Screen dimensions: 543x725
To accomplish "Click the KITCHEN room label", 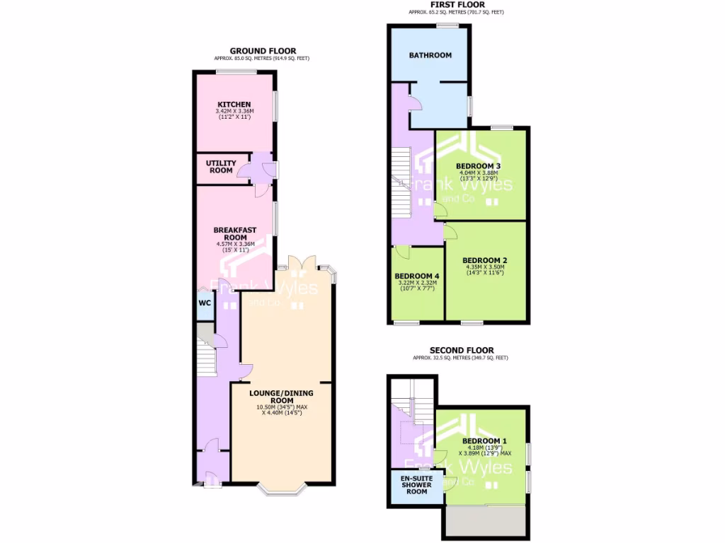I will click(234, 105).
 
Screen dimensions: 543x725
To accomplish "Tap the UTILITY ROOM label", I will click(221, 167).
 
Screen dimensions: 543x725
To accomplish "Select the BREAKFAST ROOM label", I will click(234, 233).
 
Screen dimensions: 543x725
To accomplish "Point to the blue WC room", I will click(205, 303).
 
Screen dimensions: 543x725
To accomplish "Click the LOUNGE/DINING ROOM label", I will click(281, 395).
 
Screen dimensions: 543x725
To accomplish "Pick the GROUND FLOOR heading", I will click(263, 51).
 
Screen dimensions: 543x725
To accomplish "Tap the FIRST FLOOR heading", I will click(457, 5).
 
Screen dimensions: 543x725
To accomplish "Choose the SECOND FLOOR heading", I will click(462, 350).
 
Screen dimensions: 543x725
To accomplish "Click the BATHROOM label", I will click(430, 55).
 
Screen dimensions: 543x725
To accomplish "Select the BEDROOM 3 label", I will click(479, 165).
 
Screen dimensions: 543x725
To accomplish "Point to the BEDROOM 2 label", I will click(484, 260).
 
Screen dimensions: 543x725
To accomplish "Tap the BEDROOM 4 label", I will click(417, 276).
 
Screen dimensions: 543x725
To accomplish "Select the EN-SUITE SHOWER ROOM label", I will click(417, 485).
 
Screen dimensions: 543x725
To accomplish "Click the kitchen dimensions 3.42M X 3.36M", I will click(234, 112).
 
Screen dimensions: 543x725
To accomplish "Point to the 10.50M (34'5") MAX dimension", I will click(281, 407).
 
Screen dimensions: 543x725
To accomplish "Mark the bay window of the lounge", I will click(281, 489).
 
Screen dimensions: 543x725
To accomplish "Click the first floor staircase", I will click(401, 184).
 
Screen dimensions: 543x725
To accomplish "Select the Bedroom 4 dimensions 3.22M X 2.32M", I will click(417, 283).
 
